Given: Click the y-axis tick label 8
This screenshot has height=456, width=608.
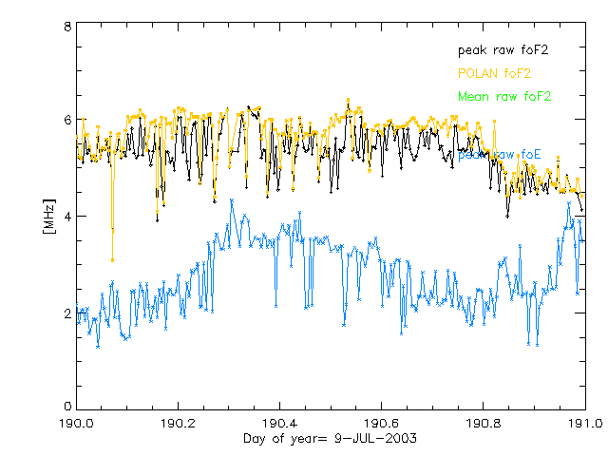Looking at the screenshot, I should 67,28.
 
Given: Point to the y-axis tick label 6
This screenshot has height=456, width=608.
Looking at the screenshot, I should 67,121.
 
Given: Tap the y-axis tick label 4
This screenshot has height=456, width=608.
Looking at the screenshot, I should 67,217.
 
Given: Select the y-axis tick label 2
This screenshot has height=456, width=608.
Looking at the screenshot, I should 67,313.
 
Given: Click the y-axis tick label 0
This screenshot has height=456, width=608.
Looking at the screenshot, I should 67,408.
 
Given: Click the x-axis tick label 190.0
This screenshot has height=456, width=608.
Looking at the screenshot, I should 76,423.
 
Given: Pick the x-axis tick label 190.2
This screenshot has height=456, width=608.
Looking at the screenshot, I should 178,423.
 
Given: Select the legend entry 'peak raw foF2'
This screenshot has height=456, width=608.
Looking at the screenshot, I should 504,49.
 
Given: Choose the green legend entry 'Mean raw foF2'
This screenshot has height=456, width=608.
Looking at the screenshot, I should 504,96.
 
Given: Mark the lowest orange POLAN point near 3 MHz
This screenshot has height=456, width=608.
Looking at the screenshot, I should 112,259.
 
